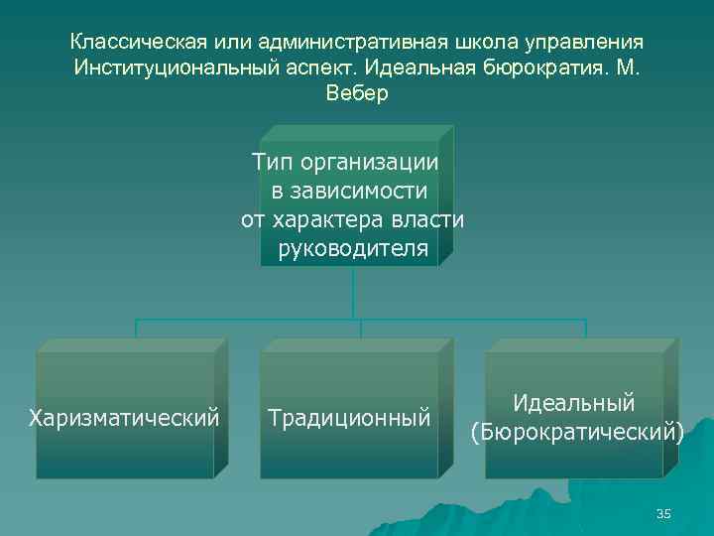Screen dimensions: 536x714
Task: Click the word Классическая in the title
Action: point(137,43)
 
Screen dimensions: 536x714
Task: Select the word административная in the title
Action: point(348,43)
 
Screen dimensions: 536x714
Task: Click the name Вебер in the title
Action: point(357,94)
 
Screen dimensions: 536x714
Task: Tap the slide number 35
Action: point(663,513)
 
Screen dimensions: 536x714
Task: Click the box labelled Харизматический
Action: point(125,415)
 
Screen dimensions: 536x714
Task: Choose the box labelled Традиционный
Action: point(349,415)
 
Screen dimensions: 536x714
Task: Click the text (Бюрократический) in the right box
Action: point(576,433)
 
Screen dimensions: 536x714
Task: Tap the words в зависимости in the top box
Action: point(352,191)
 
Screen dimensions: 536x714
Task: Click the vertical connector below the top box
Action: point(353,292)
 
